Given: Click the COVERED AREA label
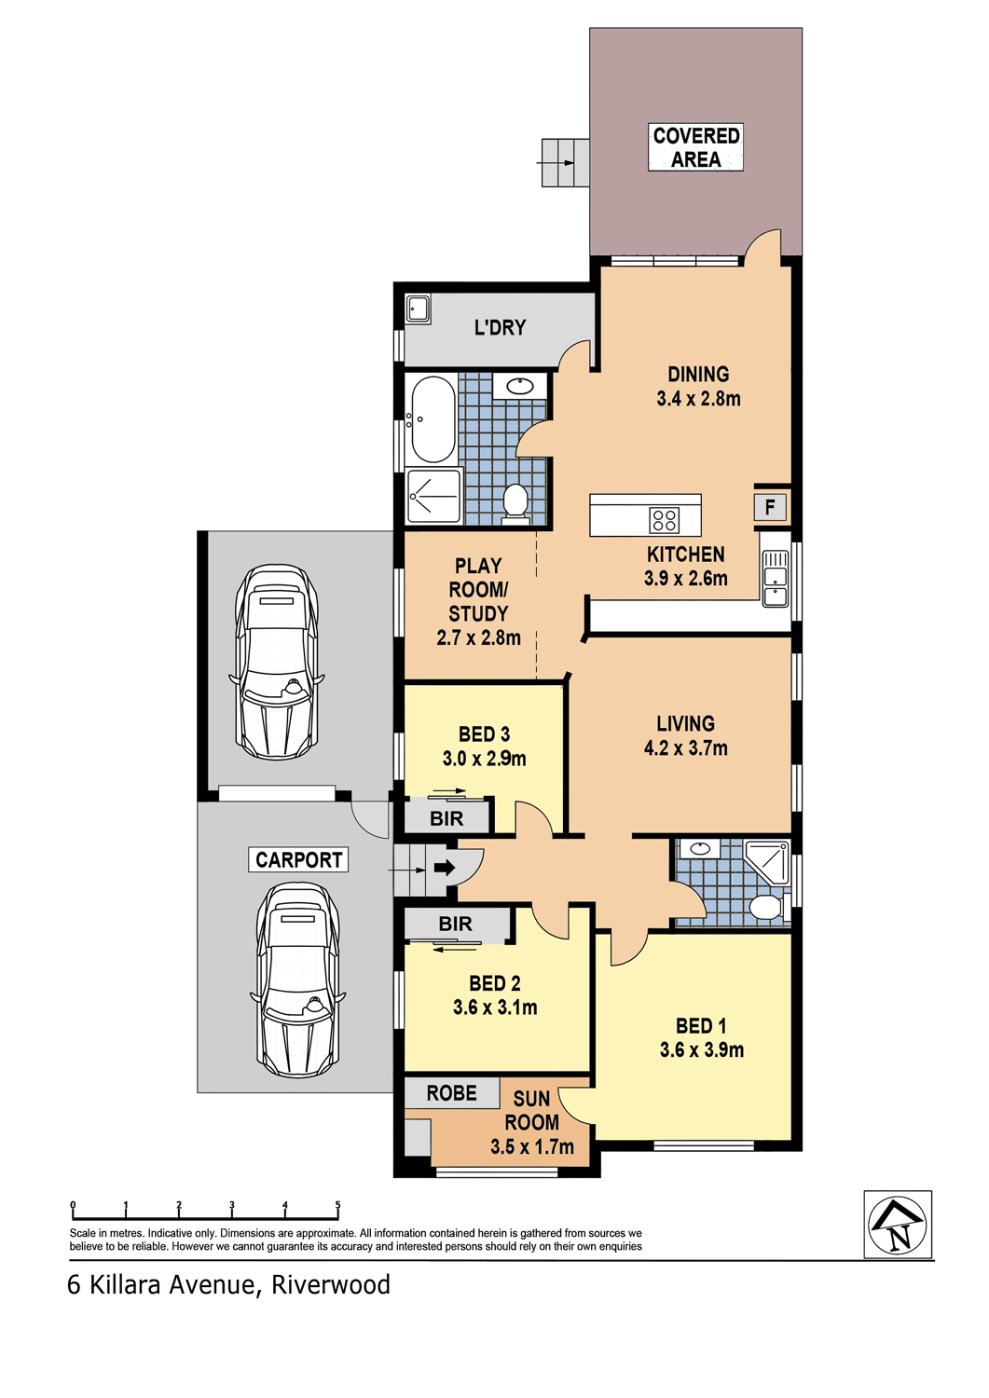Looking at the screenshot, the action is (695, 147).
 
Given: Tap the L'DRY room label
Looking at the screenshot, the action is (501, 327).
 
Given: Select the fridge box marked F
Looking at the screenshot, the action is (770, 507).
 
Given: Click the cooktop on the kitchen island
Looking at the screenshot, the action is (665, 520).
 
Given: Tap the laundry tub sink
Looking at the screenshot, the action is (417, 308).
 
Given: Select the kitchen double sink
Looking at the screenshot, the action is (775, 578).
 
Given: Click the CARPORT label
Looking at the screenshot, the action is (298, 859).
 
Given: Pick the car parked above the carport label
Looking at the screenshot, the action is (277, 662).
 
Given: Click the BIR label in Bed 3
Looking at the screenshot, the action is (446, 818).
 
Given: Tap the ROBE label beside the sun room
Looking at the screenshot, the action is (451, 1093).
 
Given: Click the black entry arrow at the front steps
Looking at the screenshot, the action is (445, 868).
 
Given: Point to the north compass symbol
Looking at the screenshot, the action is (898, 1225).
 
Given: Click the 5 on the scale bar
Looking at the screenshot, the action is (337, 1204).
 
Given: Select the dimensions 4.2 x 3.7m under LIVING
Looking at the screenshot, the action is (685, 747).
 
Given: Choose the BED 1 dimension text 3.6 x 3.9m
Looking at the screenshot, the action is (702, 1049).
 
